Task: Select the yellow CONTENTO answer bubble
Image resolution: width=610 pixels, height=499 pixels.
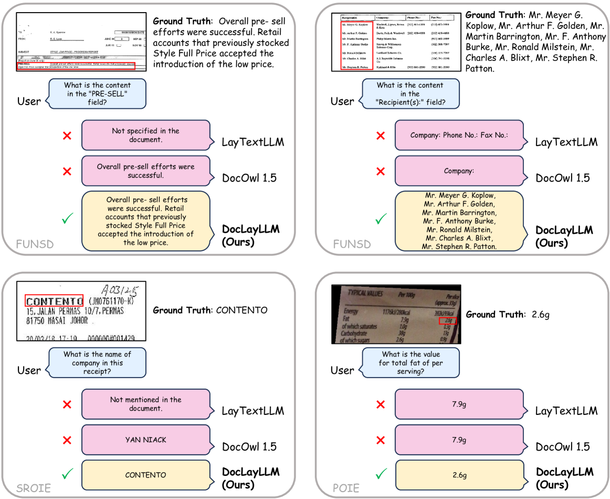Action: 145,475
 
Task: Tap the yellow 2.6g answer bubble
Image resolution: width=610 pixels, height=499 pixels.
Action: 459,475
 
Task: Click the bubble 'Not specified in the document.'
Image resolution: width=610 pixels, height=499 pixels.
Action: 145,136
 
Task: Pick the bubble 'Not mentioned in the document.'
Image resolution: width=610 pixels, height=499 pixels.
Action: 145,404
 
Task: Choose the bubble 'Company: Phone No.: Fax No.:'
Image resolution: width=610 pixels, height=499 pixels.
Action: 459,136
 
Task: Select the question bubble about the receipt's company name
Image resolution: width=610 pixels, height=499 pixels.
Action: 97,363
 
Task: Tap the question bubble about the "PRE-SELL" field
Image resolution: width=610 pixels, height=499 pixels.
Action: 97,94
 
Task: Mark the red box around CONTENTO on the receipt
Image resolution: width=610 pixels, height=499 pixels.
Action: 54,301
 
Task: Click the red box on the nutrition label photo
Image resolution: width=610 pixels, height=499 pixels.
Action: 448,320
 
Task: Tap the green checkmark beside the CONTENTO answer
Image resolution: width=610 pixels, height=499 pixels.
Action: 67,474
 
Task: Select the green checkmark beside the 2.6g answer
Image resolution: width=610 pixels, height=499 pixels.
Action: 381,474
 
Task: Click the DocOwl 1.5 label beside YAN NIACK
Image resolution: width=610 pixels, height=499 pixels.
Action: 249,446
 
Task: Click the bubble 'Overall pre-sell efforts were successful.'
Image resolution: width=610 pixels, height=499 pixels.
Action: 145,171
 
